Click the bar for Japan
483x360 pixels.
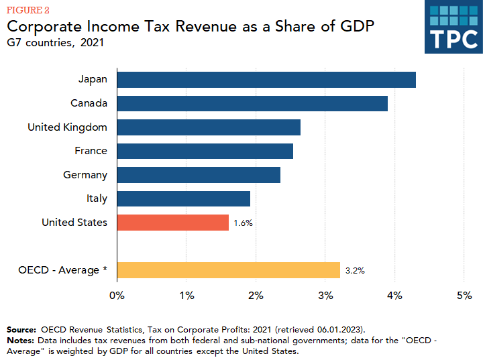(x=266, y=80)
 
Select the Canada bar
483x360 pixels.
(x=252, y=103)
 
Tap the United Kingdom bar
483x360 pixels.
(x=209, y=127)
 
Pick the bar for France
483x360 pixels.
(x=205, y=151)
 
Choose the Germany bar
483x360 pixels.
(x=199, y=175)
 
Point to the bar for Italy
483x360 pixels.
(x=184, y=198)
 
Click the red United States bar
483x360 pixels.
(x=173, y=223)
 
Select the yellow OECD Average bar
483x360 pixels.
(x=229, y=270)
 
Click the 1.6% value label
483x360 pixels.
(x=244, y=223)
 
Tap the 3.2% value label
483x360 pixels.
(x=355, y=271)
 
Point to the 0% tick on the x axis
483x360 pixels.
(x=117, y=295)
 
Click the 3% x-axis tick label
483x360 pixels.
(x=325, y=295)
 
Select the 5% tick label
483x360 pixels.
(x=464, y=295)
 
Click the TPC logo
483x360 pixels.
(x=453, y=27)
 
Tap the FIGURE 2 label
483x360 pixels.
(x=28, y=11)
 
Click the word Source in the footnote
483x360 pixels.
(x=21, y=330)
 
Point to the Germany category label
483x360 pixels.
(x=85, y=175)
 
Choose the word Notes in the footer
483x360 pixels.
(x=20, y=341)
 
